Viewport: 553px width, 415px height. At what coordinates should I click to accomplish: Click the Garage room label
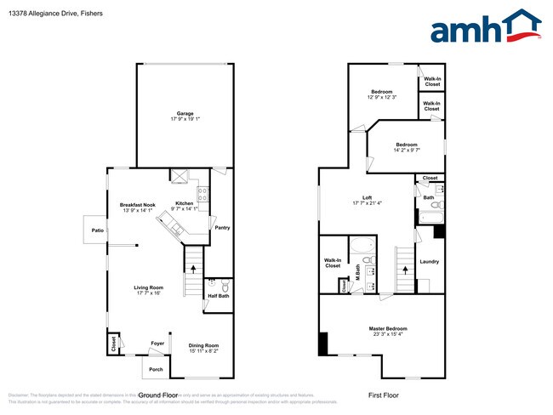(x=185, y=114)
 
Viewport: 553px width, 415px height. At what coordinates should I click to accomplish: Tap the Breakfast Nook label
(x=137, y=204)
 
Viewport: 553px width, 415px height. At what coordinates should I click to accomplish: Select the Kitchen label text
(x=184, y=203)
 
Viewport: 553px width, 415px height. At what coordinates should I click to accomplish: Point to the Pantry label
(x=222, y=228)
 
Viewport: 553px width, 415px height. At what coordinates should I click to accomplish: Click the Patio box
(x=98, y=230)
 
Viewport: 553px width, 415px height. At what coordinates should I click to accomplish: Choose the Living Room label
(x=148, y=287)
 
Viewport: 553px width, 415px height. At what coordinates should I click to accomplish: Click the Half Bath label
(x=218, y=296)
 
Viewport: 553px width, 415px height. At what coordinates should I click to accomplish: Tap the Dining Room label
(x=203, y=344)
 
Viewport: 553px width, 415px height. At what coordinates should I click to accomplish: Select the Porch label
(x=156, y=369)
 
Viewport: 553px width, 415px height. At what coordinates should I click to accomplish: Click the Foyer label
(x=157, y=344)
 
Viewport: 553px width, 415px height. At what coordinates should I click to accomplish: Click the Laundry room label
(x=428, y=262)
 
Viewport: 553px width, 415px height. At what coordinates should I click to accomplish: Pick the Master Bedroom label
(x=387, y=328)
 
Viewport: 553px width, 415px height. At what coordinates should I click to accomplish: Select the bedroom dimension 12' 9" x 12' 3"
(x=380, y=96)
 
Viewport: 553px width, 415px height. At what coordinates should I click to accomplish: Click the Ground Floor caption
(x=158, y=395)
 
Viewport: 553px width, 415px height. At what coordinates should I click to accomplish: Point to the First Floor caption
(x=382, y=395)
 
